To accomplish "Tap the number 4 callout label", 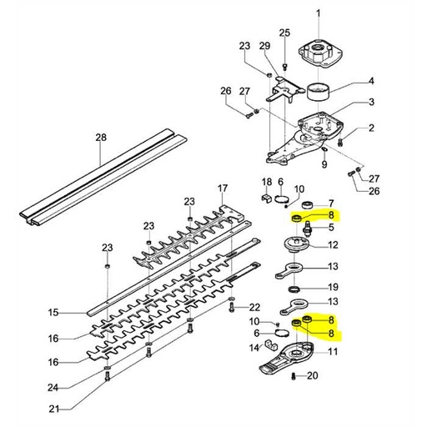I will point(371,82).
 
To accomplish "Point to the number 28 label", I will point(101,137).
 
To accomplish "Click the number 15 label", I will point(53,313).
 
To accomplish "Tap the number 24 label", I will point(53,387).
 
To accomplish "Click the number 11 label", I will point(333,353).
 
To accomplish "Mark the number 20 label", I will point(313,376).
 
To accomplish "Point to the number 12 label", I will point(333,245).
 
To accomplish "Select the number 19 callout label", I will point(333,286).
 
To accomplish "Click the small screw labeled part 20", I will point(295,376).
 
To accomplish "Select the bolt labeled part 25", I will point(285,63).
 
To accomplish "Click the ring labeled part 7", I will point(306,203).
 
